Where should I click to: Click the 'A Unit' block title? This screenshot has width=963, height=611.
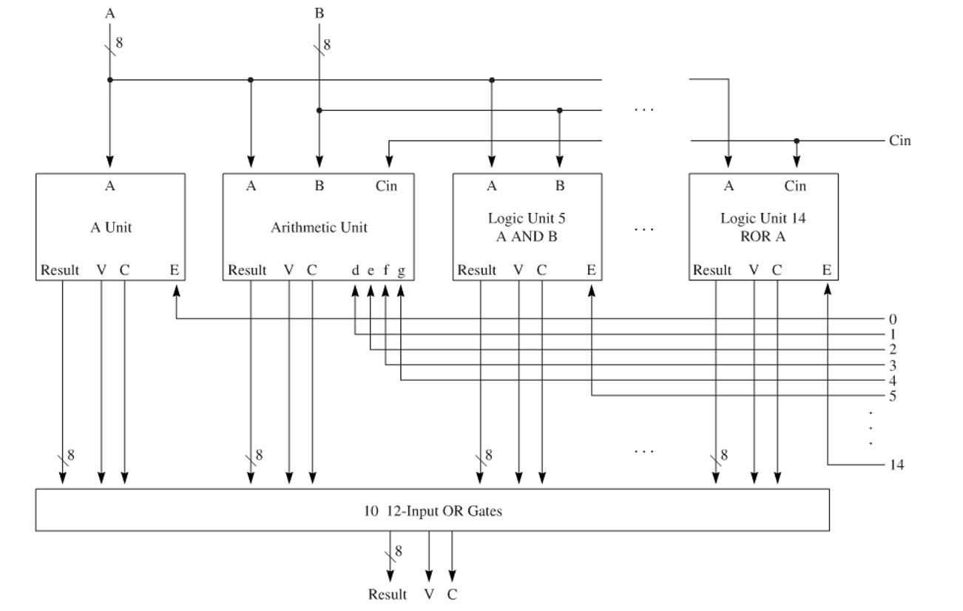(x=110, y=228)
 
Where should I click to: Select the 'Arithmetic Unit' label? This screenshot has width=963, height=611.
(x=319, y=228)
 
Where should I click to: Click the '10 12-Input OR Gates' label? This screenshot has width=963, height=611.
(x=432, y=510)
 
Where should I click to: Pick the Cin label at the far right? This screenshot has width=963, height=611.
(x=900, y=141)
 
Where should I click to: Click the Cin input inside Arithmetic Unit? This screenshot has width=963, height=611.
(x=385, y=186)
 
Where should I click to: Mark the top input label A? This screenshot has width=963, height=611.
(x=109, y=11)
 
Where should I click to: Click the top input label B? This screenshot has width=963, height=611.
(x=319, y=11)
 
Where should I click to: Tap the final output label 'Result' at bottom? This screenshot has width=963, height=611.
(x=388, y=594)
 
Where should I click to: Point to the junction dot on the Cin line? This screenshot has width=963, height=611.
(x=796, y=141)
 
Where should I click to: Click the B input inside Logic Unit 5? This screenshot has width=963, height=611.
(x=559, y=186)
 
